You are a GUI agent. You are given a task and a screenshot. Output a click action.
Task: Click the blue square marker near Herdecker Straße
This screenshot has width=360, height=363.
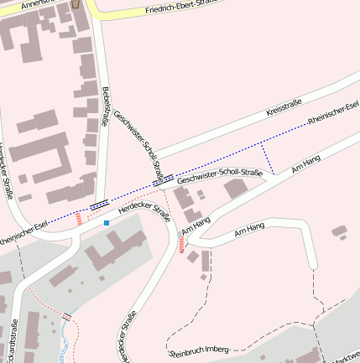107,223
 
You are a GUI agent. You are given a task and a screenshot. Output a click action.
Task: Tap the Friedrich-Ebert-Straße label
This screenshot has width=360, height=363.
180,8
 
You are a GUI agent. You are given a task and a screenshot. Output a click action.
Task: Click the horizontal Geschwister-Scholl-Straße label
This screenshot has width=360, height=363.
220,174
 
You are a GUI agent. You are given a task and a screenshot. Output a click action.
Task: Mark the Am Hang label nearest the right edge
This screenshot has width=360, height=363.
306,163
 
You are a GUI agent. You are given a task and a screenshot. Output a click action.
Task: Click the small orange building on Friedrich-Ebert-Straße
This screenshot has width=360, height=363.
77,4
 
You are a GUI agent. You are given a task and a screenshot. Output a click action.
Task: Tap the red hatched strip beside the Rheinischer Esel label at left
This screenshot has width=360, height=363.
79,219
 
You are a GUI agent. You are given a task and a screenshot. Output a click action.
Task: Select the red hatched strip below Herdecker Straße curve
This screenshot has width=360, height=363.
181,244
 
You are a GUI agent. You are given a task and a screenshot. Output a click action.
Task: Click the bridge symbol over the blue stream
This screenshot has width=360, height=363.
66,316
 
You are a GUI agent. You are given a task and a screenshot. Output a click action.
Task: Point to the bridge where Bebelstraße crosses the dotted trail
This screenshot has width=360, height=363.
100,204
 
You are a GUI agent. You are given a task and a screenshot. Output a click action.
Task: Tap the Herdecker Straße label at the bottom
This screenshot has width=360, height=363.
127,335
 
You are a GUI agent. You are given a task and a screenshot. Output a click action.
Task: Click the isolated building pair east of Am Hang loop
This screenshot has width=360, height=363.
339,231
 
